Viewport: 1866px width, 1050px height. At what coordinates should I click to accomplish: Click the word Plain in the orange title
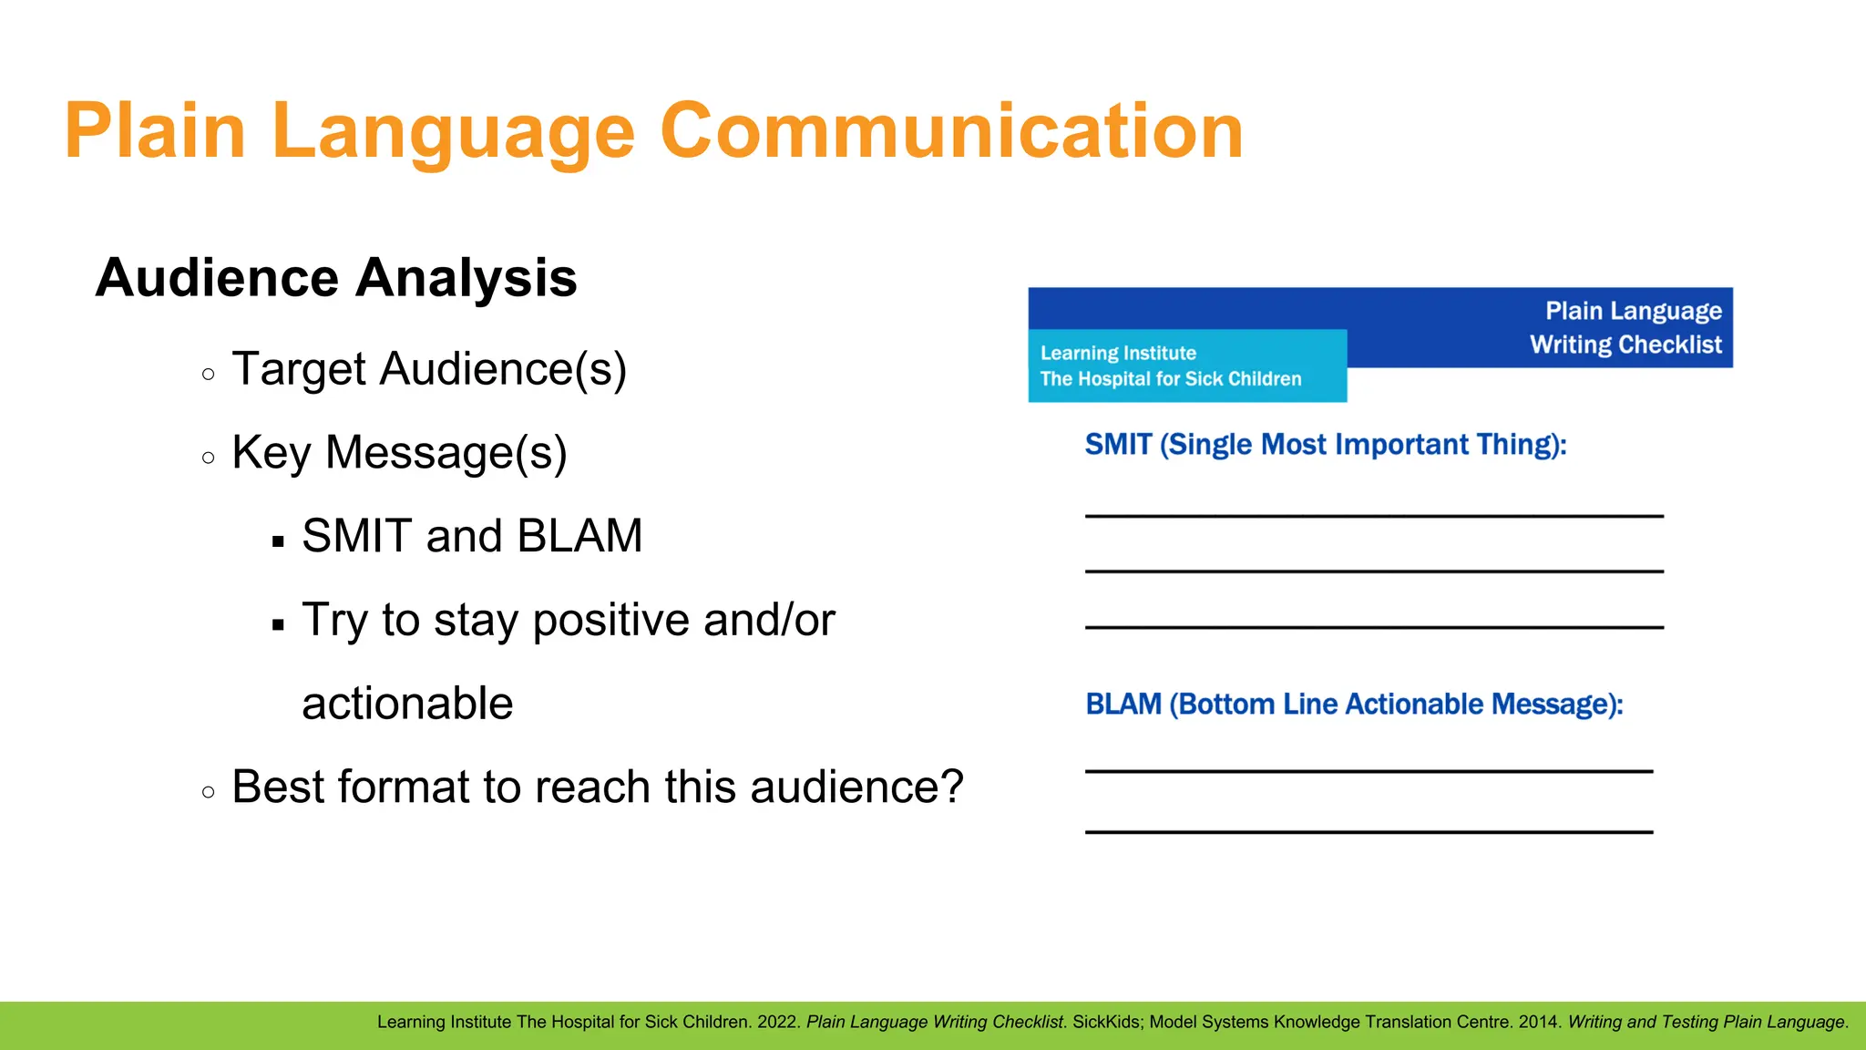click(155, 131)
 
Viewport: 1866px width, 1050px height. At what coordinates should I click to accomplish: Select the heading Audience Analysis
click(336, 277)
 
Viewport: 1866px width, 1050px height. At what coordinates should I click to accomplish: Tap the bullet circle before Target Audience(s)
click(209, 374)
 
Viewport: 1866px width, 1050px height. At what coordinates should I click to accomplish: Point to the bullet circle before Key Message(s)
click(209, 458)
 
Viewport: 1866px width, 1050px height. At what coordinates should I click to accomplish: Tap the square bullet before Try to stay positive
click(279, 625)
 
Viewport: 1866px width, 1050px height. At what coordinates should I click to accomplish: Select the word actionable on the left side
click(407, 704)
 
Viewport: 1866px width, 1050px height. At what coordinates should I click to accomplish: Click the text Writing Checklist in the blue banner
click(1625, 345)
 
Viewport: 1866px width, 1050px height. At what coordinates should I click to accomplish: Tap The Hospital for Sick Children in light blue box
click(1171, 379)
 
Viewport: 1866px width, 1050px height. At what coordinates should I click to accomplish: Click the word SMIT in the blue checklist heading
click(1118, 445)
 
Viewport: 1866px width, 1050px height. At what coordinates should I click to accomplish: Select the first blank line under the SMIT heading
click(1374, 516)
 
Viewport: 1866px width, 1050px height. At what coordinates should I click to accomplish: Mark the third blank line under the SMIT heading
click(1374, 627)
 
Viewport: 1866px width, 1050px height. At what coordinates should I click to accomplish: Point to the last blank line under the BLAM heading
click(1369, 831)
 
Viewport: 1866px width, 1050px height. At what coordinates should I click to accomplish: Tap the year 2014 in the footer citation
click(1538, 1022)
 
